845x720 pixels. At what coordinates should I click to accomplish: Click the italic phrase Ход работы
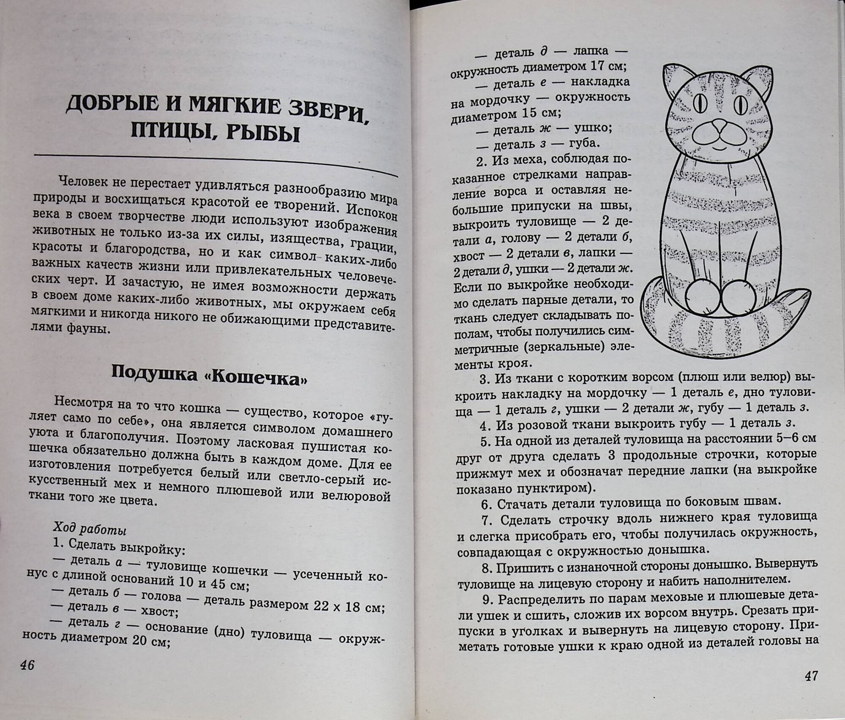point(90,529)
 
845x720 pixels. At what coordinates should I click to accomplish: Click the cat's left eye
point(699,103)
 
